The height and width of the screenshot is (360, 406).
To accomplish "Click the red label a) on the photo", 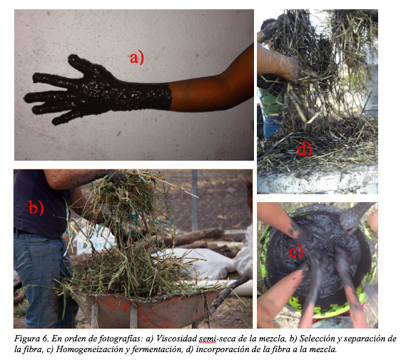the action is click(x=137, y=58).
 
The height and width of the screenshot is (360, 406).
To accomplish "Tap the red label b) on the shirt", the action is click(x=36, y=207).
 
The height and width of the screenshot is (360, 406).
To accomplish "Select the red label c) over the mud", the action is click(x=295, y=251).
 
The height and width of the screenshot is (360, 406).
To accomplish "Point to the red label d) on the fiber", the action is click(x=304, y=149).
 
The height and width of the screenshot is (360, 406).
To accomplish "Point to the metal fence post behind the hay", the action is click(x=195, y=199).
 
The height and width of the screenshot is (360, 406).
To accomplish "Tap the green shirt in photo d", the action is click(x=271, y=101).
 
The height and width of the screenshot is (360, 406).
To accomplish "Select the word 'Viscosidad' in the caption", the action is click(x=176, y=339).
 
